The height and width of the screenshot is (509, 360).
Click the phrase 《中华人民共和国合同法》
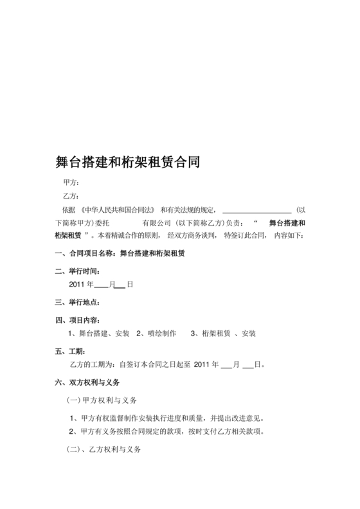point(116,210)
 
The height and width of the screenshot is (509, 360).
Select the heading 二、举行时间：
point(78,271)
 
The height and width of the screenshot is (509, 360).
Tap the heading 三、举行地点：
point(78,302)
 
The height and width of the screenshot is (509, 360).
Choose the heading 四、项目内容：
point(78,320)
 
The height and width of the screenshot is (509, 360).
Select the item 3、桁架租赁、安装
point(223,333)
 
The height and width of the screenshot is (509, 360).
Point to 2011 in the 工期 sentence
point(202,364)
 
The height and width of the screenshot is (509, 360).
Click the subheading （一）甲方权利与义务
point(102,400)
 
